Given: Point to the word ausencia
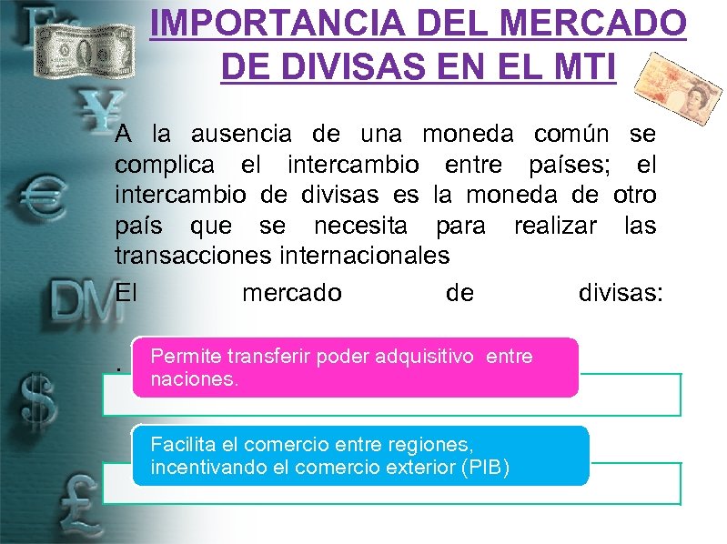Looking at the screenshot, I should (241, 135).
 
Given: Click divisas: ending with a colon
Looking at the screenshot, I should (621, 293).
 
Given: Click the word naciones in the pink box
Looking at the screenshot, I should (194, 378).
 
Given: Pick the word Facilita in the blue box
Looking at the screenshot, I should (182, 445).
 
